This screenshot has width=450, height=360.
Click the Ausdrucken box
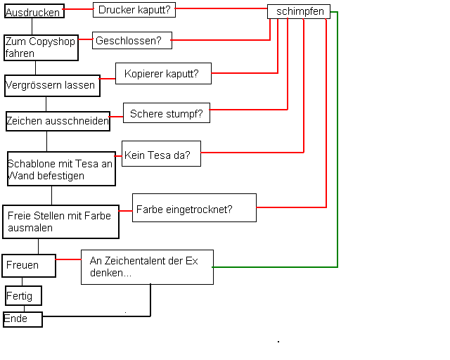(x=34, y=11)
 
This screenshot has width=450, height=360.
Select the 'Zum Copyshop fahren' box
(x=39, y=48)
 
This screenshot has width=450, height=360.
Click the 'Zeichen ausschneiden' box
(x=58, y=121)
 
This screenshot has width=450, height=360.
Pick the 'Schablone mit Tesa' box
(x=61, y=169)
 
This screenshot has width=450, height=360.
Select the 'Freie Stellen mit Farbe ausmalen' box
(x=60, y=221)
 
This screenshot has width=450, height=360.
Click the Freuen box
(x=30, y=265)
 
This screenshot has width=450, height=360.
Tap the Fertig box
(x=24, y=295)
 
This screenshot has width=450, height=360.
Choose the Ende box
(x=22, y=319)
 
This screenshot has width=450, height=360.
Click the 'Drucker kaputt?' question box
(x=134, y=10)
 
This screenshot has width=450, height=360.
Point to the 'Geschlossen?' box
(x=132, y=41)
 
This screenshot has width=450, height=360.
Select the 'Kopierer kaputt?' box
(x=163, y=73)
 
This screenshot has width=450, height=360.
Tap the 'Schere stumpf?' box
(x=166, y=113)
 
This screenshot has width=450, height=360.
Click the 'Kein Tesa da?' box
(x=161, y=153)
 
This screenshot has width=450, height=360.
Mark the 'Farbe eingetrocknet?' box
(x=194, y=208)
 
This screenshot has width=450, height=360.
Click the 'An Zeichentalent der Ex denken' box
(x=147, y=266)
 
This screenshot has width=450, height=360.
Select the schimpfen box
(x=300, y=11)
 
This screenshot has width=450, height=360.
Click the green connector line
(x=338, y=141)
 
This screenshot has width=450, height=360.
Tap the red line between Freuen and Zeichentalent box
(x=69, y=259)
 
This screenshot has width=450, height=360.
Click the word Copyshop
(x=52, y=42)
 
